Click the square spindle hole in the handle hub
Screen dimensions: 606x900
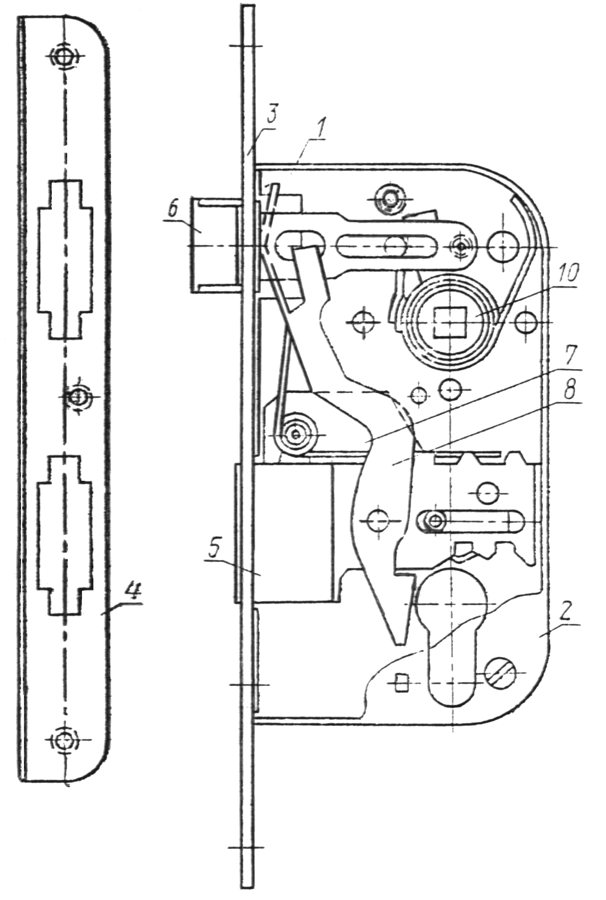450,322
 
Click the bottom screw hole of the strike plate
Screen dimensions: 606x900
64,739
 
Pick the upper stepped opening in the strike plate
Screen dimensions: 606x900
65,259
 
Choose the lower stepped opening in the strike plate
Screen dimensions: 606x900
65,535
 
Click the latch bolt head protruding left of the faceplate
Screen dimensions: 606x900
215,245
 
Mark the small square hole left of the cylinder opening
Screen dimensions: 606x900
400,683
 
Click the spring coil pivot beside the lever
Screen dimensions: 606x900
297,434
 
